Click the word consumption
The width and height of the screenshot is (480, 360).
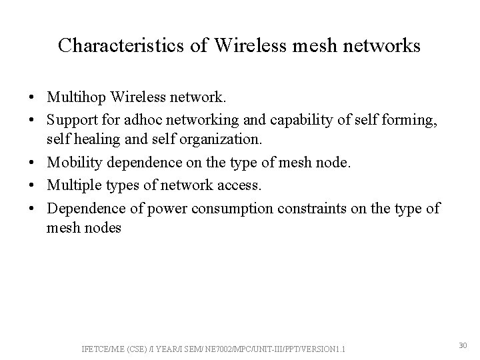(x=233, y=209)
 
